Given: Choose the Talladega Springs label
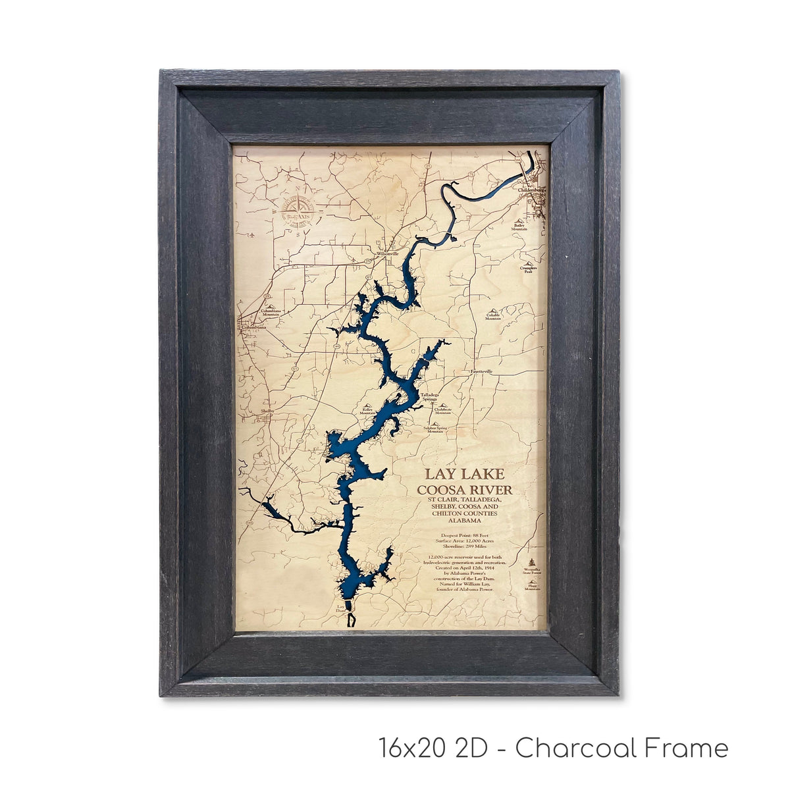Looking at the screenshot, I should tap(429, 398).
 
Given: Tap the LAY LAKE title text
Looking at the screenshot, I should tap(464, 474).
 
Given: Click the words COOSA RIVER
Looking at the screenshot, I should tap(464, 490).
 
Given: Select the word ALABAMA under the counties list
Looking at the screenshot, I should tap(465, 521).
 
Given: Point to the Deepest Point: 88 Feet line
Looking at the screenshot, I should tap(465, 535).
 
